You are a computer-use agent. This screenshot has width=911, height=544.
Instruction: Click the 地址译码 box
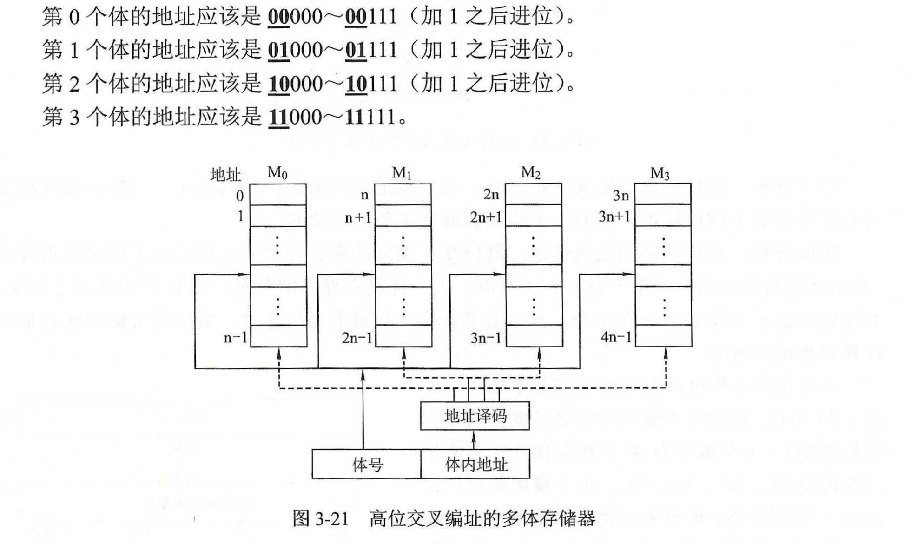pos(475,416)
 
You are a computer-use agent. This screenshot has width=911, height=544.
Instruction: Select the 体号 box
pos(366,464)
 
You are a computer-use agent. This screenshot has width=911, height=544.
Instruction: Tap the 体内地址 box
pos(475,464)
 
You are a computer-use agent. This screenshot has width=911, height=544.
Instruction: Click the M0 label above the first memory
pos(277,173)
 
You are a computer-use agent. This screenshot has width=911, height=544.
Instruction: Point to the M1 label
pos(402,173)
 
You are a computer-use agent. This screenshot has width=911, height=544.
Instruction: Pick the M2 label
pos(530,173)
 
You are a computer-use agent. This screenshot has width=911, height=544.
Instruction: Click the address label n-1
pos(235,337)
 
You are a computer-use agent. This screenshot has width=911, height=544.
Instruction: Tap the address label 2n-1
pos(357,338)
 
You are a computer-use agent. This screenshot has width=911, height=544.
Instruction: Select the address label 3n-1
pos(486,338)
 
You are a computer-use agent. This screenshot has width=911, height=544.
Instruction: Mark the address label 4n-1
pos(616,337)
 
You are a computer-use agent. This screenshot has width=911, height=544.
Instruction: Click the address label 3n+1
pos(614,216)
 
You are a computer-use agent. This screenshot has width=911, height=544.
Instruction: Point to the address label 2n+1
pos(486,217)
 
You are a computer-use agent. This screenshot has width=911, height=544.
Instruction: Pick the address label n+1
pos(358,217)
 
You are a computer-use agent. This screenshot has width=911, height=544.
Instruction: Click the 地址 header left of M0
pos(225,175)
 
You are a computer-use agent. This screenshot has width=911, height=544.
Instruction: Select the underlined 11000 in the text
pos(295,117)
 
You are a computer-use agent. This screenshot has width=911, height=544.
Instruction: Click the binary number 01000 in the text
pos(295,50)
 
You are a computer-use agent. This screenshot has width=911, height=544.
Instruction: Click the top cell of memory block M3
pos(663,194)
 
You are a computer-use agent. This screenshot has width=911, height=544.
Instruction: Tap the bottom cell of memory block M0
pos(278,336)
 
